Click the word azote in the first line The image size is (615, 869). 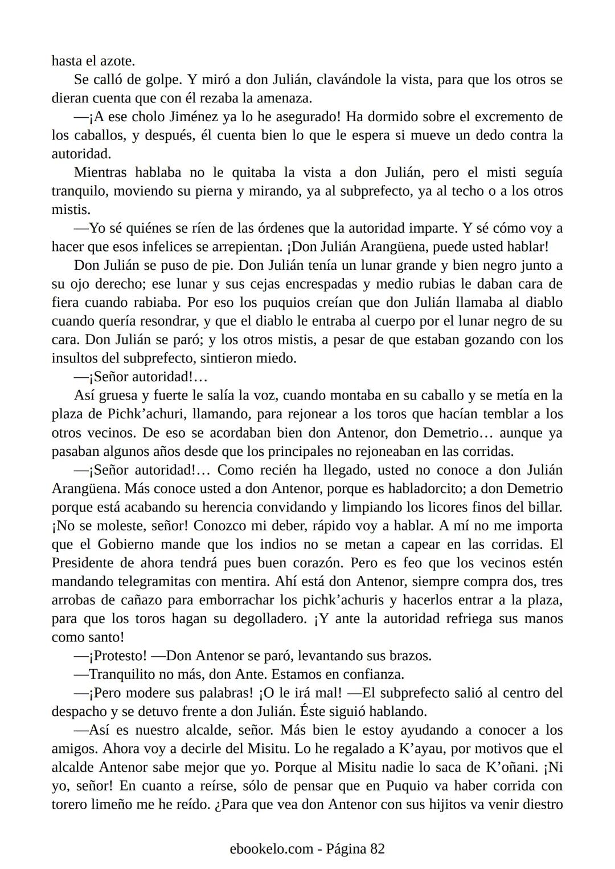coord(118,61)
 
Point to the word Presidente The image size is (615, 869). coord(85,563)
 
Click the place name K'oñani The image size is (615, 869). coord(509,767)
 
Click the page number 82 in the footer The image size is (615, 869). coord(378,849)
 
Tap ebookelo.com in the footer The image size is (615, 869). coord(271,849)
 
